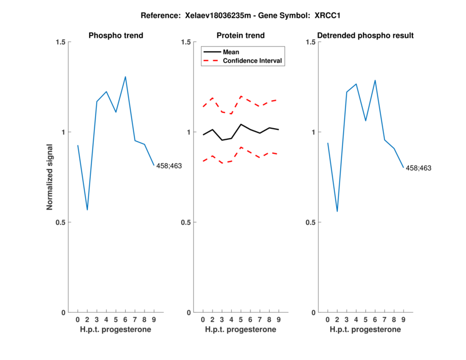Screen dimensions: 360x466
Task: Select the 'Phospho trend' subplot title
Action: [116, 36]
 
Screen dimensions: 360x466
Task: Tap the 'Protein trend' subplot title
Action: [241, 36]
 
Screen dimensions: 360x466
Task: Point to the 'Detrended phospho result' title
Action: [366, 36]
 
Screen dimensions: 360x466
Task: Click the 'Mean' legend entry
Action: [231, 52]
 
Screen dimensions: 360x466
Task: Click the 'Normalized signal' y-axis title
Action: [50, 177]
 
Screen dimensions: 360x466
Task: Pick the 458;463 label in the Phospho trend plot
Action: [169, 166]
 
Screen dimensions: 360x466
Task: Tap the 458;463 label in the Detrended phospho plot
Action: [418, 168]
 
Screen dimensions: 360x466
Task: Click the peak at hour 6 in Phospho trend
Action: [125, 76]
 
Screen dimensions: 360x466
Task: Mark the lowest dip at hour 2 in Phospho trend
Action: [87, 210]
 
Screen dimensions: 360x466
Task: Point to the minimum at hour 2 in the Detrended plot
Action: [337, 211]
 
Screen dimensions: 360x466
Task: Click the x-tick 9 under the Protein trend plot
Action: [279, 319]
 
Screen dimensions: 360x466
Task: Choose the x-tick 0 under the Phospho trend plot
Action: [77, 319]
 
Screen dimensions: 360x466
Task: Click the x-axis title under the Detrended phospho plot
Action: [365, 330]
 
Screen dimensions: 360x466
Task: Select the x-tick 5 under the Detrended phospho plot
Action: [366, 319]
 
